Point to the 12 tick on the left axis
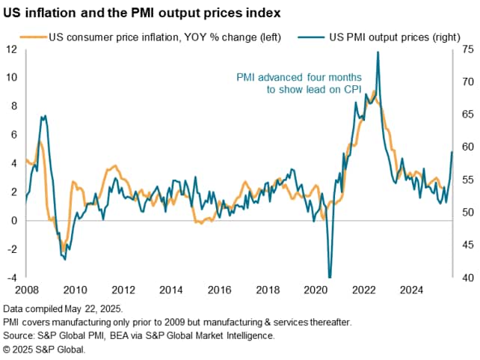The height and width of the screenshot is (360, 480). pos(12,49)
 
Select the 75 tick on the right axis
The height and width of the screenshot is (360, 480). pos(467,49)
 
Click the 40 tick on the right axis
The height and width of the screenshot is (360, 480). pos(467,278)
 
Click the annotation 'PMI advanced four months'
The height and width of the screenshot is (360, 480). pos(299,78)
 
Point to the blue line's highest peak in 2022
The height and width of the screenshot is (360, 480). pos(378,52)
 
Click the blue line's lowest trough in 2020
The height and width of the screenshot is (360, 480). pos(330,278)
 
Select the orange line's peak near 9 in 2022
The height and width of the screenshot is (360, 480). pos(372,91)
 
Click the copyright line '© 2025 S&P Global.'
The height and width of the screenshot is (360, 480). pos(45,350)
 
